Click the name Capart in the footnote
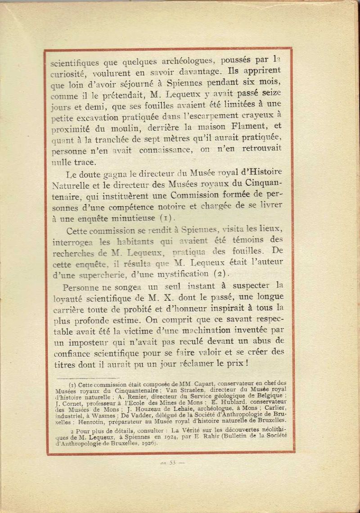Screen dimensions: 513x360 pyautogui.click(x=197, y=384)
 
